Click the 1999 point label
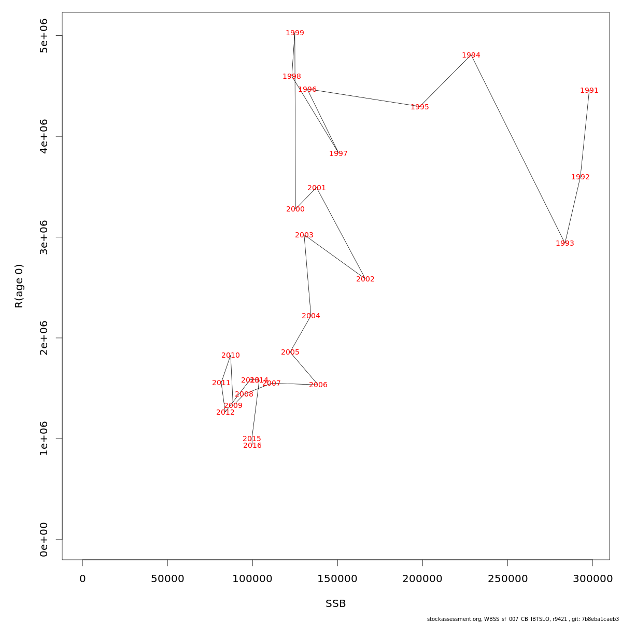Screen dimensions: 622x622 [295, 33]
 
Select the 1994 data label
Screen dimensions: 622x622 [471, 55]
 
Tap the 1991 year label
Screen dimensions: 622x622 [589, 91]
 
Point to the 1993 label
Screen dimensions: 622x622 [565, 244]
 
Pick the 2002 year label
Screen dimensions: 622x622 [365, 279]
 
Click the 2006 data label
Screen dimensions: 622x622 [318, 385]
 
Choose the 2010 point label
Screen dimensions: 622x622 [231, 356]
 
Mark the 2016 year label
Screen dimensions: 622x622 [252, 446]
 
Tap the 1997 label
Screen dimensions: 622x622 [338, 154]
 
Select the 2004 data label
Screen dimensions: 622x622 [311, 316]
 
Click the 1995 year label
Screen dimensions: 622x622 [420, 107]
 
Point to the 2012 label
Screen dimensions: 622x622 [225, 413]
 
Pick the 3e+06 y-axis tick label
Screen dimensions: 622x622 [44, 237]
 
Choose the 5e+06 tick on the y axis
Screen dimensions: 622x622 [44, 35]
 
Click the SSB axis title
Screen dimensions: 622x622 [336, 604]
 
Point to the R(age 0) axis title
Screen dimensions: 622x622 [19, 286]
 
